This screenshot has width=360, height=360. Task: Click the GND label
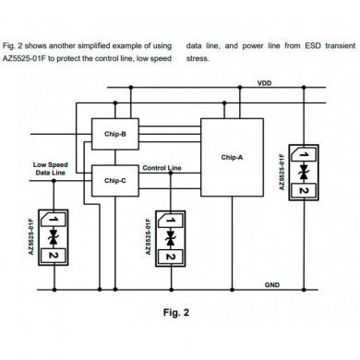point(273,284)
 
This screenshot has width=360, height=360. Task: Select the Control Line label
point(162,169)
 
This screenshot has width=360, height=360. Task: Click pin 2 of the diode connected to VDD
point(303,190)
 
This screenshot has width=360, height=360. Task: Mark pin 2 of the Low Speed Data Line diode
point(54,255)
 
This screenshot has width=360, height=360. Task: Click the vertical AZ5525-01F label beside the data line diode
point(35,237)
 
